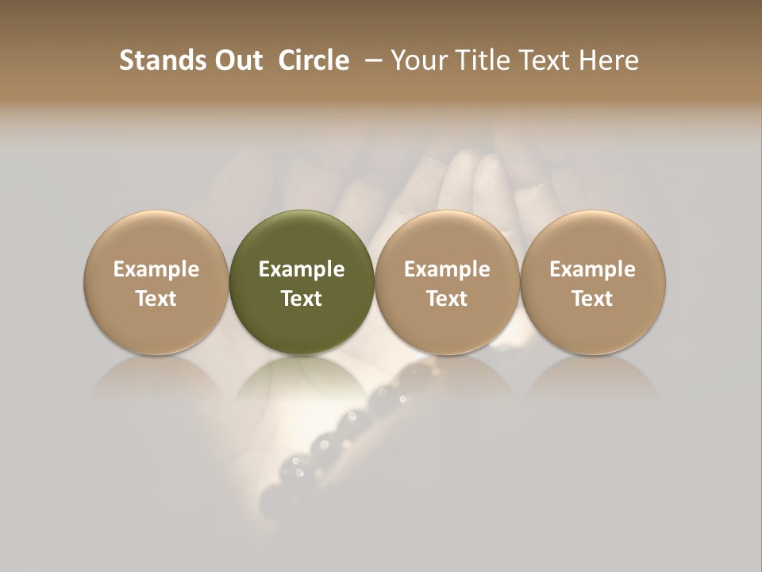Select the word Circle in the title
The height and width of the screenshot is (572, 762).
(314, 60)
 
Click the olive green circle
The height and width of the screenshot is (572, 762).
(302, 238)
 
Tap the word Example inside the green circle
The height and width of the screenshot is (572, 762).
(302, 269)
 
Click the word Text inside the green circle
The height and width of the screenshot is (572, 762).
(302, 299)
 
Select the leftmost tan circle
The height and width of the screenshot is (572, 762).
(156, 238)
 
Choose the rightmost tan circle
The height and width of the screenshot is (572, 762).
(593, 238)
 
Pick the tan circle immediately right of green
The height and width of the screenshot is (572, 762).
(447, 238)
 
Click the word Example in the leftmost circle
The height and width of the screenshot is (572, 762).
(156, 269)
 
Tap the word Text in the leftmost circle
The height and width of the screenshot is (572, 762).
(156, 299)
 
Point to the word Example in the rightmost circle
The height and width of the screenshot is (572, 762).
(593, 269)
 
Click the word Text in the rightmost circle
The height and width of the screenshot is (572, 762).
(593, 299)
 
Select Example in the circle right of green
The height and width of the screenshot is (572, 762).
(447, 269)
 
